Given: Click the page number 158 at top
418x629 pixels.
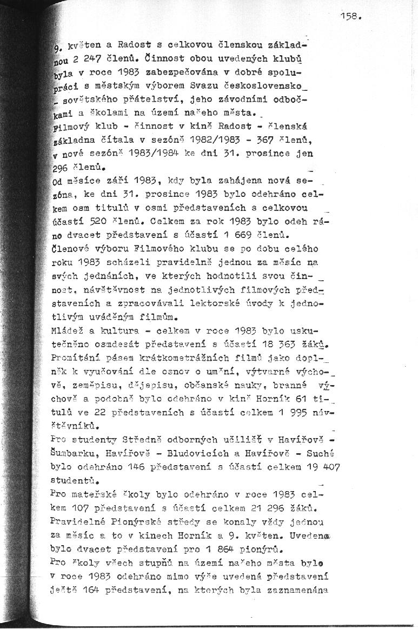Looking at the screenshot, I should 350,17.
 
